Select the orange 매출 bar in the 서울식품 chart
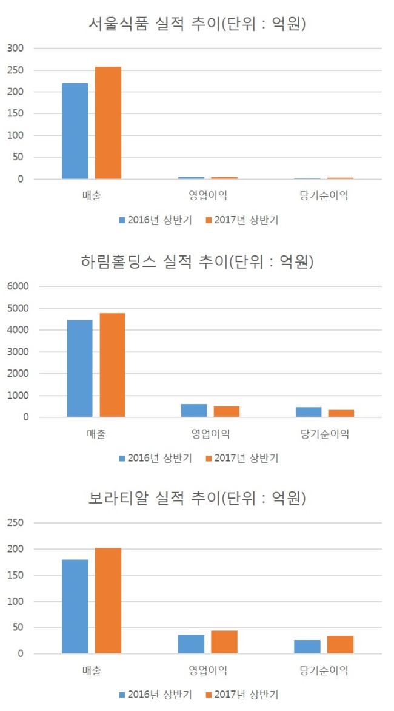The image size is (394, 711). click(109, 123)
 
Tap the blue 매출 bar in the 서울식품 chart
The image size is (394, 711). click(75, 131)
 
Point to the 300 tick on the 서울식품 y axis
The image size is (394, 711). click(15, 48)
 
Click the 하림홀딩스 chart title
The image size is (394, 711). click(197, 261)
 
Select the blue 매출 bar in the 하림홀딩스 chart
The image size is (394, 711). click(79, 368)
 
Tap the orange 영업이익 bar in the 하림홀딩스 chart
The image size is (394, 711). click(227, 411)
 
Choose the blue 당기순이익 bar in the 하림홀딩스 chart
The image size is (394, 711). click(309, 412)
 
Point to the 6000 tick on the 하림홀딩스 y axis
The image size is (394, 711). click(18, 286)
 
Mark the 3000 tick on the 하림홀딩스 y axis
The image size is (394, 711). click(18, 352)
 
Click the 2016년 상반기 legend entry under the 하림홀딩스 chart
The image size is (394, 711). click(155, 458)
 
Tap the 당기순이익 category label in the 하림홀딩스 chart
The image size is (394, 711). click(325, 434)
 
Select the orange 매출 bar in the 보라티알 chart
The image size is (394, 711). click(109, 601)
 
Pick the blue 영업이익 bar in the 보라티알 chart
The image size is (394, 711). click(191, 644)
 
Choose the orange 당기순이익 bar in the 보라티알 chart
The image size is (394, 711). click(341, 645)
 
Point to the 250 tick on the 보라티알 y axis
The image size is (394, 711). click(15, 523)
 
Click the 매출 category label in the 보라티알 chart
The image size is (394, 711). click(92, 670)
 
